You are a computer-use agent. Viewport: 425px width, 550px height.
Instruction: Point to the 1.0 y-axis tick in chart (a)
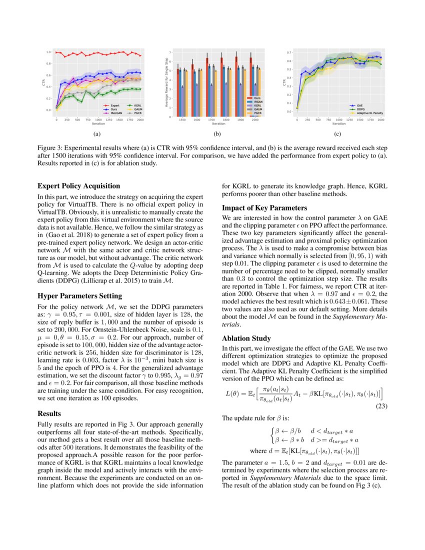[x=48, y=52]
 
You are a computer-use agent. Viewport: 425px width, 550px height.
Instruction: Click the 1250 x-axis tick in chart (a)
[x=109, y=120]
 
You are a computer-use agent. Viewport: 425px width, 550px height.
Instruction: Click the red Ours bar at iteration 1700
[x=206, y=87]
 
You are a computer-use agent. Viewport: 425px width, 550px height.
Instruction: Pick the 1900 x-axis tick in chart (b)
[x=240, y=120]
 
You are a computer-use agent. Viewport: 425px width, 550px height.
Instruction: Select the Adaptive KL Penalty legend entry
[x=368, y=113]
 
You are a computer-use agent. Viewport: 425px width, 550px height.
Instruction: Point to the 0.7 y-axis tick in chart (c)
[x=290, y=52]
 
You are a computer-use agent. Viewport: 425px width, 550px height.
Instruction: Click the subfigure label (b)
[x=216, y=133]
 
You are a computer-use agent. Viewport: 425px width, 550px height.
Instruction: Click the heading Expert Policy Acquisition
[x=78, y=186]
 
